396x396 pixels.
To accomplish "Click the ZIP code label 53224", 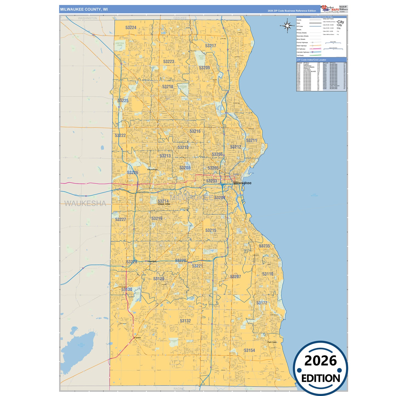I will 131,27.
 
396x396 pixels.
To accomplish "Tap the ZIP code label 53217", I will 210,46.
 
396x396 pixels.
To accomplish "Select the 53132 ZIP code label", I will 185,321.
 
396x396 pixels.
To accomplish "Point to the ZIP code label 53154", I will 249,350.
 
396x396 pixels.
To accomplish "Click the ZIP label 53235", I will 264,246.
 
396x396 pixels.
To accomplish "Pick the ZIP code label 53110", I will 267,274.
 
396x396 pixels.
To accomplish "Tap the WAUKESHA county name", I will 85,203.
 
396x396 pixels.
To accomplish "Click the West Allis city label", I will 164,204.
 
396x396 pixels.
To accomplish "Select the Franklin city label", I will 137,338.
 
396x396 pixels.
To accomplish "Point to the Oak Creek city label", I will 272,342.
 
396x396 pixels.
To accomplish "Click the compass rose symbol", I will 287,26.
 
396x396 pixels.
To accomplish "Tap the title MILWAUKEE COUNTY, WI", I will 84,9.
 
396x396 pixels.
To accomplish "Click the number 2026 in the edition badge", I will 320,361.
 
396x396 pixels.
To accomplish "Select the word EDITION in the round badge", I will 321,378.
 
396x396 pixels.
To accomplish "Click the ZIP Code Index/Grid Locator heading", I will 311,60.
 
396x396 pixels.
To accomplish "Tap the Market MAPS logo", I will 330,9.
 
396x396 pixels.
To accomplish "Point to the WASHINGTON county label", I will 87,18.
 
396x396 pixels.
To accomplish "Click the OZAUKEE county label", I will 180,18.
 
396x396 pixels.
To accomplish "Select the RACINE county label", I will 179,389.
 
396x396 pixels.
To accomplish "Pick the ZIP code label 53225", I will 123,101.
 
